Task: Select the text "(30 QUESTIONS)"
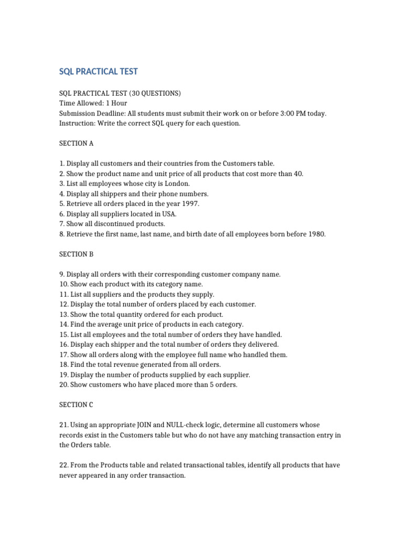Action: pyautogui.click(x=155, y=94)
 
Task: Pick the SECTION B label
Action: pyautogui.click(x=76, y=254)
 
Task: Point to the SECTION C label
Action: pyautogui.click(x=76, y=405)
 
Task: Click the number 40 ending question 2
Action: pyautogui.click(x=298, y=174)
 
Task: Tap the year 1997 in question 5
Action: pyautogui.click(x=189, y=204)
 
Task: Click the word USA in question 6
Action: pyautogui.click(x=169, y=214)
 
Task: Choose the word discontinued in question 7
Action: pyautogui.click(x=115, y=224)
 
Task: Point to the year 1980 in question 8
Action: pyautogui.click(x=315, y=234)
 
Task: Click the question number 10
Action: pyautogui.click(x=63, y=284)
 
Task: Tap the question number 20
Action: pyautogui.click(x=63, y=385)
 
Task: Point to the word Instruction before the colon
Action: pyautogui.click(x=78, y=123)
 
